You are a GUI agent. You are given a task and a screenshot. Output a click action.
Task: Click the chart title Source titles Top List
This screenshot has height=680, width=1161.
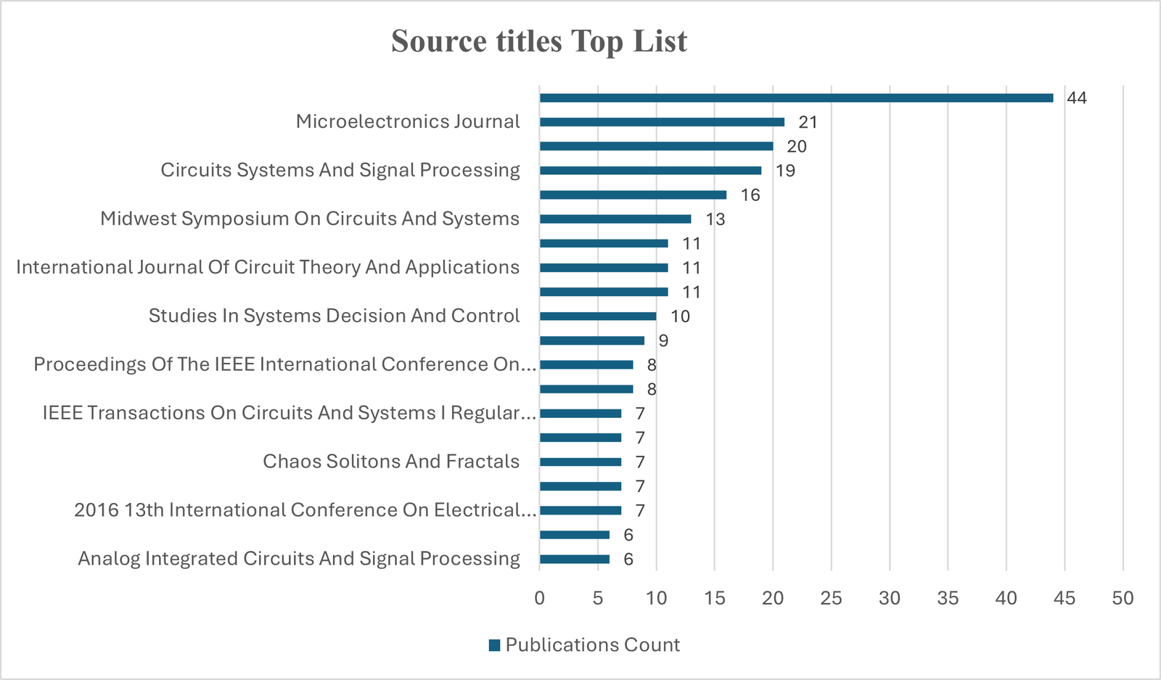(538, 41)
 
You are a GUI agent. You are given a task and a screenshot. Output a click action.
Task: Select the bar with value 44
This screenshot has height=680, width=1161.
(796, 98)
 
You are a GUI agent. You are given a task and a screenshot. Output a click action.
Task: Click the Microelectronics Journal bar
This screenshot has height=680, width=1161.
(662, 122)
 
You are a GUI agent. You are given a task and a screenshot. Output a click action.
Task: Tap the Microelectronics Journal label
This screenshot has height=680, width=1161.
(408, 122)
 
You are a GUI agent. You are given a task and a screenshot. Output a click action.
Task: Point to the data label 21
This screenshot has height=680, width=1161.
(808, 123)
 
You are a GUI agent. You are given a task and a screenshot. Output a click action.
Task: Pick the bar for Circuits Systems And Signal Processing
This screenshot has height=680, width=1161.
(650, 171)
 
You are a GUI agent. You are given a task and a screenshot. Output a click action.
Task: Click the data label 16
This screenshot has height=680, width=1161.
(750, 195)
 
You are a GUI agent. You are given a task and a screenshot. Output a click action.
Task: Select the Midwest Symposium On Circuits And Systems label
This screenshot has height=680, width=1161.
(310, 219)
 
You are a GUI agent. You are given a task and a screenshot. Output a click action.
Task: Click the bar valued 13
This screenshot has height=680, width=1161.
(615, 219)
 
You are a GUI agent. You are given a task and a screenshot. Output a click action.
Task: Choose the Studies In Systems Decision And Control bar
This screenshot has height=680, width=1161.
(598, 316)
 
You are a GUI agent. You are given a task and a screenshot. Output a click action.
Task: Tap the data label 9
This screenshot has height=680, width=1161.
(663, 341)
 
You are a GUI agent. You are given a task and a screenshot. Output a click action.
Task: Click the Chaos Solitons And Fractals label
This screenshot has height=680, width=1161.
(391, 462)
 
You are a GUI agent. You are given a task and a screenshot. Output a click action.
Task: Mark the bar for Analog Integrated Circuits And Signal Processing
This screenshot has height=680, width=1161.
(575, 560)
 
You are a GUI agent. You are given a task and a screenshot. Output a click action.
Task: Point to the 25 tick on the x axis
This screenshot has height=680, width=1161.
(831, 598)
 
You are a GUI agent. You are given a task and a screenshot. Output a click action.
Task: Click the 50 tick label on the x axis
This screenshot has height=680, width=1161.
(1123, 598)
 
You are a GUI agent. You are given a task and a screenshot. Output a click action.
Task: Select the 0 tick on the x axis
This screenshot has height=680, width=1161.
(539, 598)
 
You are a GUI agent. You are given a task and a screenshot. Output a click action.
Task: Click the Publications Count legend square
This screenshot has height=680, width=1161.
(495, 645)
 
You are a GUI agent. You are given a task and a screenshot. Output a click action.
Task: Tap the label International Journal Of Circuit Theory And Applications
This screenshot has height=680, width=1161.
(268, 268)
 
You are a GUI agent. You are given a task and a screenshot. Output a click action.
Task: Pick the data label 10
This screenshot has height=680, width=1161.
(680, 316)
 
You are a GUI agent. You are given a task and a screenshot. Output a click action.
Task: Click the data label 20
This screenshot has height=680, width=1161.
(796, 147)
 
